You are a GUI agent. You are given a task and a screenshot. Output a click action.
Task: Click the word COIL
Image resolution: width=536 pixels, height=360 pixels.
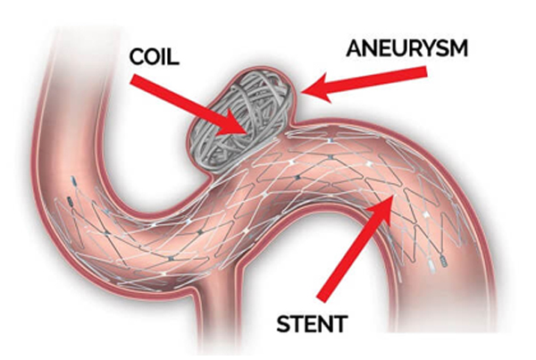pos(155,57)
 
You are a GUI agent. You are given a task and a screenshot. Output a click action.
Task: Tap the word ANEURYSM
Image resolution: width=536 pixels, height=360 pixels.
pos(406,48)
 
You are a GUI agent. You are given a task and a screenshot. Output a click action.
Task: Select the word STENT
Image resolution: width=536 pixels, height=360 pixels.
pos(312,323)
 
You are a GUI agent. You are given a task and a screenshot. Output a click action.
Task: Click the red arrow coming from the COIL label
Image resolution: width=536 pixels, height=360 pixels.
pos(188,105)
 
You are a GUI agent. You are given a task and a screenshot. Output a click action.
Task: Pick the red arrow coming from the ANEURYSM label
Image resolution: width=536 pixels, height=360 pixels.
pos(364,82)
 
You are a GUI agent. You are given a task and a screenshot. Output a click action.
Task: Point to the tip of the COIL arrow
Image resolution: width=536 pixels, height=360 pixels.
pos(247,134)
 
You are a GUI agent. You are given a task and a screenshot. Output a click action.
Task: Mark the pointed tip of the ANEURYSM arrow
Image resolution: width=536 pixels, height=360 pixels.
pos(302,92)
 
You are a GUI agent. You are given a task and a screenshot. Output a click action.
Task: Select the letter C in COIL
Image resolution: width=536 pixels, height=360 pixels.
pos(137,57)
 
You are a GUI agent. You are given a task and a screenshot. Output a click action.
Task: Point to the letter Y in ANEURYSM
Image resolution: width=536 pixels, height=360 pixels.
pos(422,48)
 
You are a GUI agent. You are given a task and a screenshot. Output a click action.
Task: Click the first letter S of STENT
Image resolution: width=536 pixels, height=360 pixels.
pos(283,323)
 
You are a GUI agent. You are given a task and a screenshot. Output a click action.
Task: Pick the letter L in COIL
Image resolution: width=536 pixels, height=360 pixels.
pos(173,57)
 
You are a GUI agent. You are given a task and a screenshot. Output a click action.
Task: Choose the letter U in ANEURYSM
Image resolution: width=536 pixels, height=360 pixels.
pos(391,48)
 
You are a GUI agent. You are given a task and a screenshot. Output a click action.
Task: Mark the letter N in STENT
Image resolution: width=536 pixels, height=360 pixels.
pos(325,323)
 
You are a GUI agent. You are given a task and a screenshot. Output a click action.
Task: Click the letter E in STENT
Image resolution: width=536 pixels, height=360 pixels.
pos(310,323)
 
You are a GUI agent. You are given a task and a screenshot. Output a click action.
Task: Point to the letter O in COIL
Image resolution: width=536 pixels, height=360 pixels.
pos(155,57)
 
